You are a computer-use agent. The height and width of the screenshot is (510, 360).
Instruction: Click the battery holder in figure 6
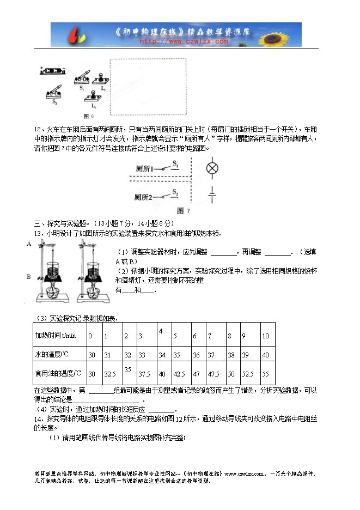pyautogui.click(x=53, y=71)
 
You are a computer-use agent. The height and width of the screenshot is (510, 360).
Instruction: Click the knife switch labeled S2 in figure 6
pyautogui.click(x=54, y=92)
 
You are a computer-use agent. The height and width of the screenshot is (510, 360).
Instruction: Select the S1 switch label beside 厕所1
pyautogui.click(x=175, y=163)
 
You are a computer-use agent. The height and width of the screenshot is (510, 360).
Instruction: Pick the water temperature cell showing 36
pyautogui.click(x=195, y=355)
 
